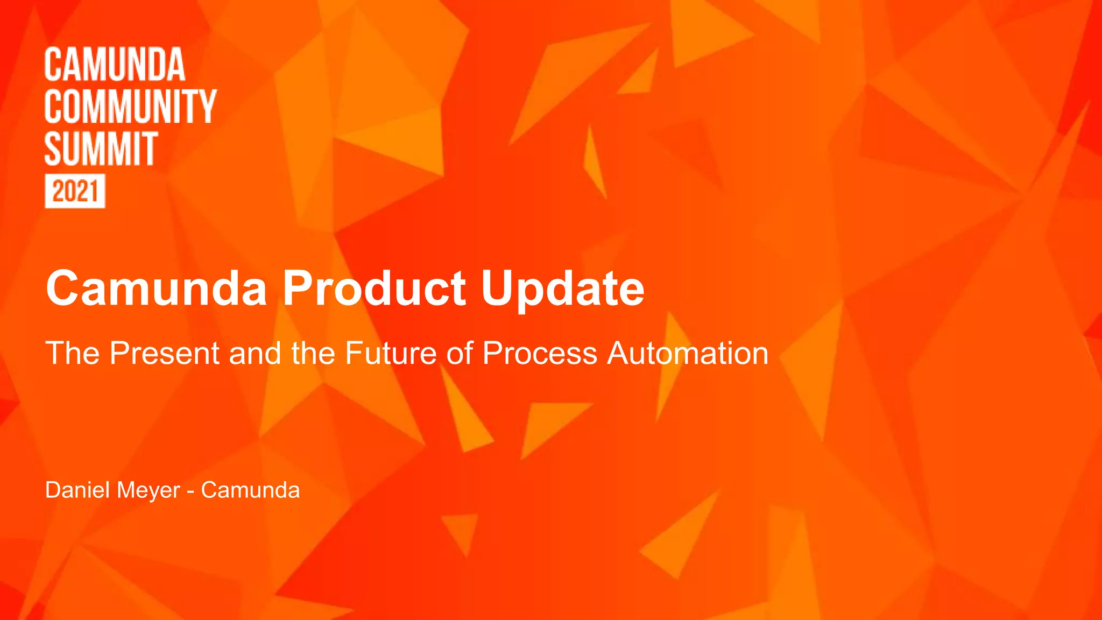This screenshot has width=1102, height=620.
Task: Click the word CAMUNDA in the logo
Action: [115, 65]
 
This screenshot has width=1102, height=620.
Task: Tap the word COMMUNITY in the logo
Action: [130, 107]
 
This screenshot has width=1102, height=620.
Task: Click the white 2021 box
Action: [75, 191]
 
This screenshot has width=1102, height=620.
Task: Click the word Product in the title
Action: [374, 289]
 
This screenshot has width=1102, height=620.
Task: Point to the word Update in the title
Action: [562, 289]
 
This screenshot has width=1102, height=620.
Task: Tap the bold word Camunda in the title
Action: [156, 289]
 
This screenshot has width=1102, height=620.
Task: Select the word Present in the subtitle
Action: [165, 354]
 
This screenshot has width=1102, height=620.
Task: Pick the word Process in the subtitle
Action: [540, 354]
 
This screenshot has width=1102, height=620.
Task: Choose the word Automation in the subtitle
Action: [688, 354]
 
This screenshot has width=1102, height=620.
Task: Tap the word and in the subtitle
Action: [255, 354]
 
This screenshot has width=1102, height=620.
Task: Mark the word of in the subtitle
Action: [460, 354]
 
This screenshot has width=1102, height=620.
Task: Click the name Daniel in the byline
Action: [77, 490]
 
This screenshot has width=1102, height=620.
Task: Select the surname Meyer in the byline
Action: [148, 490]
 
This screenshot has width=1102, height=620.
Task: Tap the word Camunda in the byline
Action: [250, 490]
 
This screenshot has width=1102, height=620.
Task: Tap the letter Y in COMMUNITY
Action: [207, 107]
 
